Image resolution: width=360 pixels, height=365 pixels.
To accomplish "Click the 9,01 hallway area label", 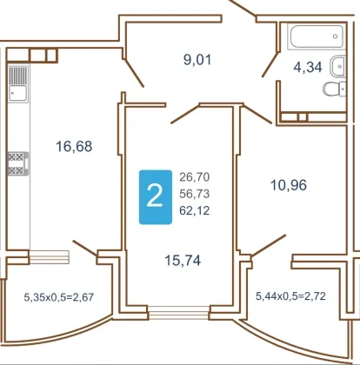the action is coord(197,60).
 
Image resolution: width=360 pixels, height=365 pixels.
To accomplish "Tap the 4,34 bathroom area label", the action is coord(308,67).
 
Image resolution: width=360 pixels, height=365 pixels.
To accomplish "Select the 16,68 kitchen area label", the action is coord(74,146).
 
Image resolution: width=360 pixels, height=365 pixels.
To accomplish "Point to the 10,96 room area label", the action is coord(289,185).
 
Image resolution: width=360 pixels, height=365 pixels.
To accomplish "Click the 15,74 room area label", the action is coord(183,260).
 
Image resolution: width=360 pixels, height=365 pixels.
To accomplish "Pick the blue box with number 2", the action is coord(156,197).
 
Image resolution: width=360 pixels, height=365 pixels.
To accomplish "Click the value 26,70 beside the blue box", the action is coord(195,176).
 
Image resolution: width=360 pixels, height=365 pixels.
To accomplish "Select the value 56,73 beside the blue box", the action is coord(195,194).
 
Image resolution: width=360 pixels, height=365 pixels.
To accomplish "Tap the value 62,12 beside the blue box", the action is coord(195,210).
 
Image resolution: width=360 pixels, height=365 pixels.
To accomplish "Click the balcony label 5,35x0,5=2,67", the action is coord(59,297).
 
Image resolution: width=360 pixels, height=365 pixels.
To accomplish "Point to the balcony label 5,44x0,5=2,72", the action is coord(290,296).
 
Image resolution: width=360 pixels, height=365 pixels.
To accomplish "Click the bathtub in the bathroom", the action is coord(317,36).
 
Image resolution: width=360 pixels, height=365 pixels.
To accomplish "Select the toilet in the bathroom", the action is coord(335,89).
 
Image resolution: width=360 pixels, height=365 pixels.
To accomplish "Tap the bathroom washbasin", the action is coord(338,66).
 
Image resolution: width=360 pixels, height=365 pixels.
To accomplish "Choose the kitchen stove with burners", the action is coord(18,163).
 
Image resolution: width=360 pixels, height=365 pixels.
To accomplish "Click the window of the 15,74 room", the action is coord(178,312).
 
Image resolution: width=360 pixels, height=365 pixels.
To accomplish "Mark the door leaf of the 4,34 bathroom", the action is coord(270,64).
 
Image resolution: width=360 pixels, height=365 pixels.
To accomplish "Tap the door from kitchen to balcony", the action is coord(84,249).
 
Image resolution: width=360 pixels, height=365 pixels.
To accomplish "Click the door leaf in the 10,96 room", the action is coord(269,246).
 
